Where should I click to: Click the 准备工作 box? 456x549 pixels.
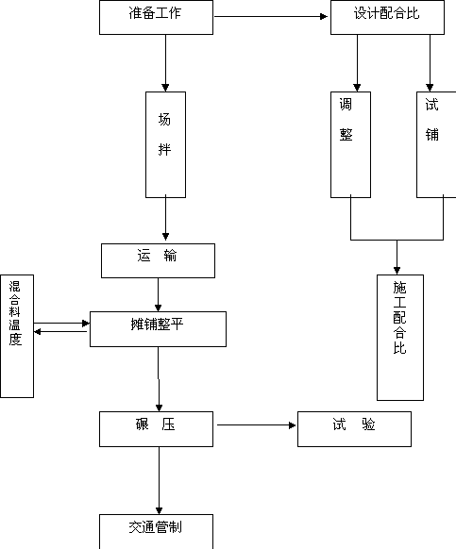click(156, 18)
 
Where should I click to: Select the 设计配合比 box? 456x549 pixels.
click(387, 18)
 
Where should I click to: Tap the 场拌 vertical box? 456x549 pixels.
click(166, 144)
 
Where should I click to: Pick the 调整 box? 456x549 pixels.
click(351, 144)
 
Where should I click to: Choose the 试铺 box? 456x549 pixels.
click(436, 144)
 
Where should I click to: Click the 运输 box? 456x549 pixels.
click(158, 261)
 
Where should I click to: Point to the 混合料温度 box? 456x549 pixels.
click(17, 336)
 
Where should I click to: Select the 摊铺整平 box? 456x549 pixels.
click(158, 329)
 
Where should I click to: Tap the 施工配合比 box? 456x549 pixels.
click(400, 338)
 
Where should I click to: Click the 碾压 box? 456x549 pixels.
click(156, 429)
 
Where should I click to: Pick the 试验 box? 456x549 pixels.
click(354, 429)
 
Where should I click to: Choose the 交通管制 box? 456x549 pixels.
click(156, 531)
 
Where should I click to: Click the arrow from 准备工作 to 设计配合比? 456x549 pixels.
click(271, 16)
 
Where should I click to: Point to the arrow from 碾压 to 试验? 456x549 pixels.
click(257, 425)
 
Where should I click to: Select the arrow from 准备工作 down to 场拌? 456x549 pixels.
click(166, 63)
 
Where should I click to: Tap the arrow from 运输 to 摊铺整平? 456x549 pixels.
click(158, 295)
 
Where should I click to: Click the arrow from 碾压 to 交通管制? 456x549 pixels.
click(159, 480)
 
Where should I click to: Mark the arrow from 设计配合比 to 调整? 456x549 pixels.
click(357, 63)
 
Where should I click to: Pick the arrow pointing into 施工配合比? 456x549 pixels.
click(397, 258)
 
